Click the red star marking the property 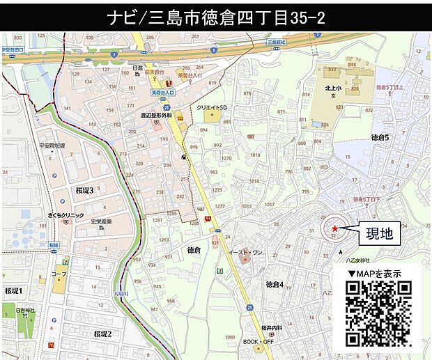(x=334, y=228)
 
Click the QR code (x=379, y=313)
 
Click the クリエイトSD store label (x=212, y=108)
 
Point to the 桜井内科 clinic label (x=272, y=327)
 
